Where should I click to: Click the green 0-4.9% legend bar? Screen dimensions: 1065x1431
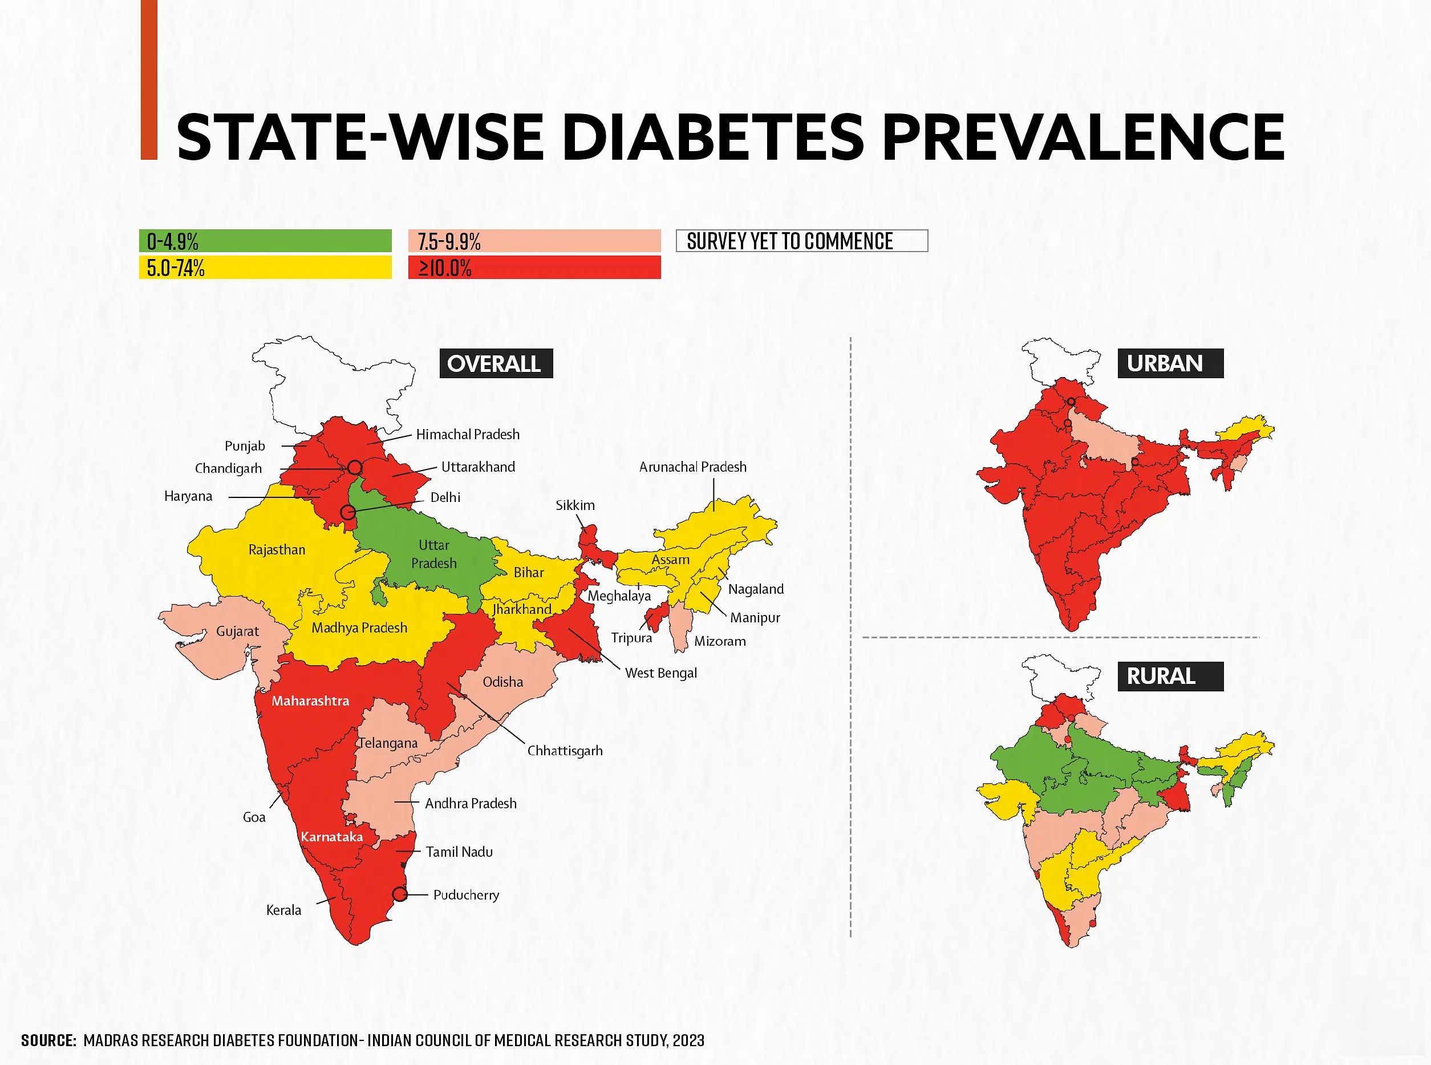[x=265, y=241]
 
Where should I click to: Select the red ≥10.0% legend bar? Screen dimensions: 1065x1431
[x=534, y=268]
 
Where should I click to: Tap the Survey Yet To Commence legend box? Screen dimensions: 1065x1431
[x=801, y=241]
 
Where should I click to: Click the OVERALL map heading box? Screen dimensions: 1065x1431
[x=496, y=363]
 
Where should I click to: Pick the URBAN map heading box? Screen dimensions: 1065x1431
[x=1170, y=363]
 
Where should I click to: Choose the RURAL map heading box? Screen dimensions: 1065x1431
[x=1170, y=677]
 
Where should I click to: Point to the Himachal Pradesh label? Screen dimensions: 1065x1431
[x=467, y=435]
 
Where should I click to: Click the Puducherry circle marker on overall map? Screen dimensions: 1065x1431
[x=400, y=894]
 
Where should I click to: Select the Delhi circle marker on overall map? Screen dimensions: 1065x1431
[x=347, y=512]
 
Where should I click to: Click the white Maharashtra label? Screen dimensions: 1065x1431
[x=310, y=700]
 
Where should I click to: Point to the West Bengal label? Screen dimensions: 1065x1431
[x=660, y=673]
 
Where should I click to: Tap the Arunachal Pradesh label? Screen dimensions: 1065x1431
[x=692, y=467]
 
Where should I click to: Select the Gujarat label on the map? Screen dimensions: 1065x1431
[x=237, y=631]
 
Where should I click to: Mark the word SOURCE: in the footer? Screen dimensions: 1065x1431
[x=48, y=1040]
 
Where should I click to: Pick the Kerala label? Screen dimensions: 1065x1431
[x=283, y=910]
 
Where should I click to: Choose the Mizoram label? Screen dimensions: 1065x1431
[x=719, y=641]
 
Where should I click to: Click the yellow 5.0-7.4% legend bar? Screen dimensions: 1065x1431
[x=265, y=268]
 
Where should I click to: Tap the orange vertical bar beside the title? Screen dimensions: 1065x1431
[x=149, y=79]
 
